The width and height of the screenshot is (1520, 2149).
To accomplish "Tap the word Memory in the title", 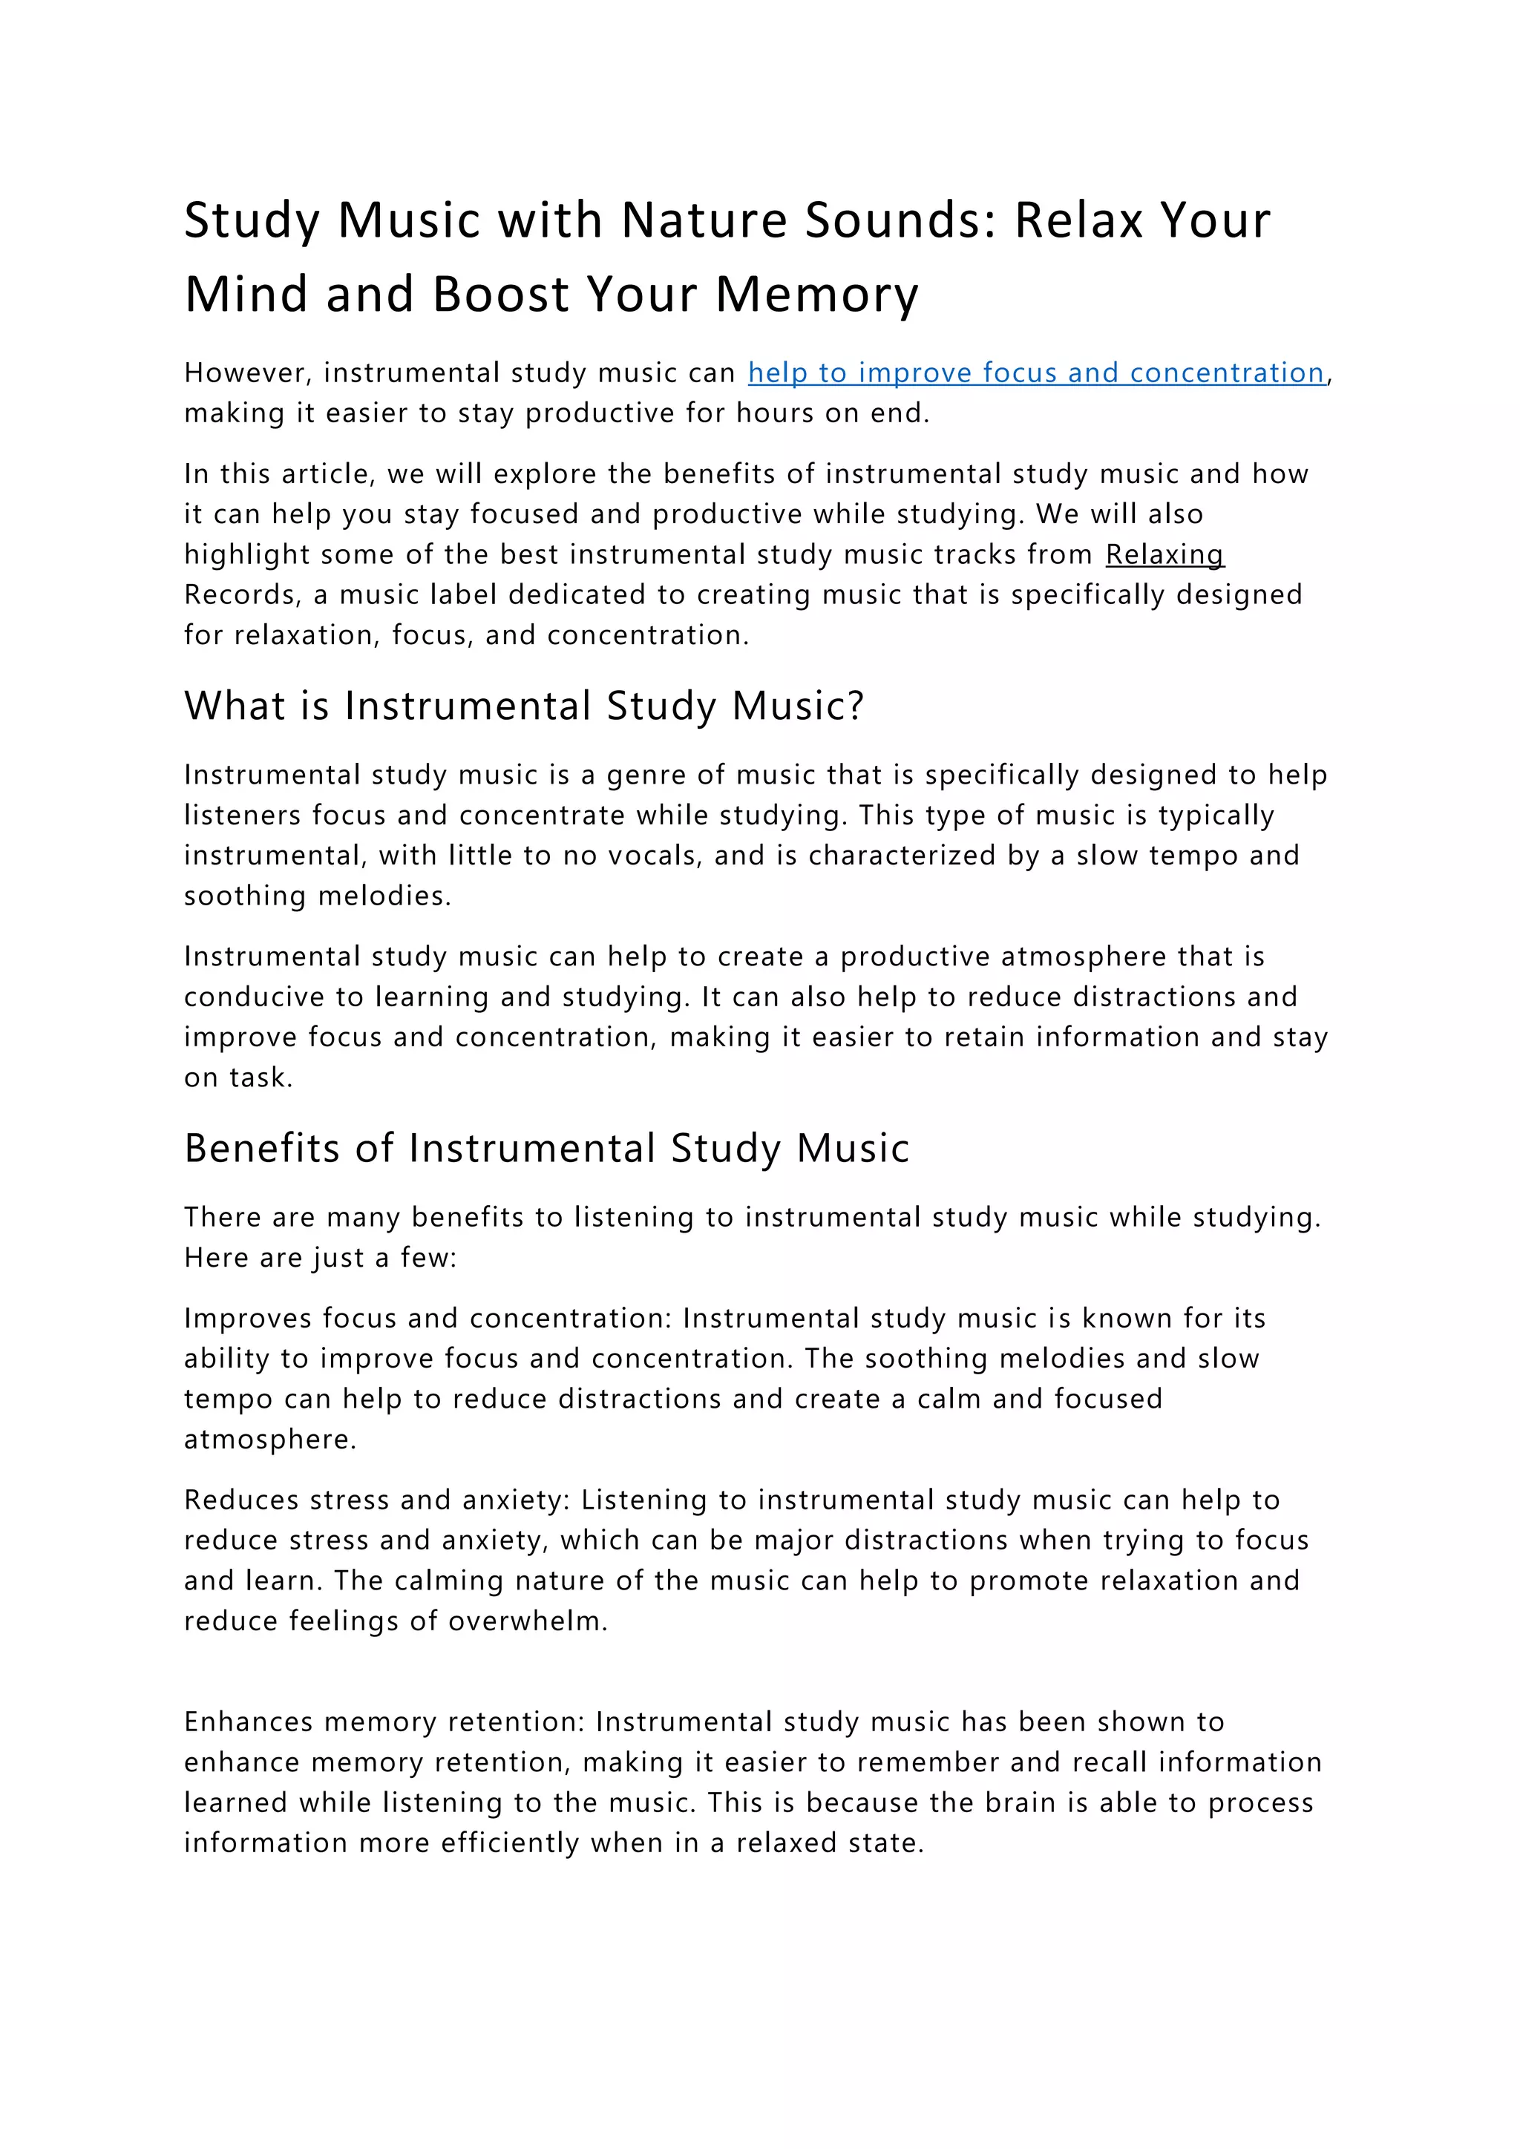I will pyautogui.click(x=817, y=295).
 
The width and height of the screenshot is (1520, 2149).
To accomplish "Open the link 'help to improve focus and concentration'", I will pyautogui.click(x=1036, y=373).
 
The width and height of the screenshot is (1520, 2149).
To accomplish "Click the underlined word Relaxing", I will pyautogui.click(x=1164, y=554).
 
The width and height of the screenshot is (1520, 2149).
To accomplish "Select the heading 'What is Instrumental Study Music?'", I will pyautogui.click(x=524, y=706).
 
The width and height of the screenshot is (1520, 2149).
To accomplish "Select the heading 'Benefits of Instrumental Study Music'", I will pyautogui.click(x=546, y=1149).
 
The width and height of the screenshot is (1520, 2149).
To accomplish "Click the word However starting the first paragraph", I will pyautogui.click(x=247, y=373).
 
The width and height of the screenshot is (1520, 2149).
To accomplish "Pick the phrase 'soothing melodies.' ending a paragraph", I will pyautogui.click(x=318, y=896).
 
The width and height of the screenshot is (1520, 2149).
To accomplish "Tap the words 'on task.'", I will pyautogui.click(x=237, y=1077).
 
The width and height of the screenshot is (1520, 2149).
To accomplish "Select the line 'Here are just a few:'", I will pyautogui.click(x=320, y=1257).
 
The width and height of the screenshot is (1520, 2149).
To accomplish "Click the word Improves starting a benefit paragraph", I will pyautogui.click(x=247, y=1318).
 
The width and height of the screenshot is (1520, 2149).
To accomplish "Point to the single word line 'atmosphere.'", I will pyautogui.click(x=269, y=1439).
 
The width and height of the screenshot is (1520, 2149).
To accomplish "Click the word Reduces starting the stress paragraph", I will pyautogui.click(x=240, y=1500).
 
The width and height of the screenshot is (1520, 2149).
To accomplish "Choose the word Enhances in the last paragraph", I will pyautogui.click(x=248, y=1722).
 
